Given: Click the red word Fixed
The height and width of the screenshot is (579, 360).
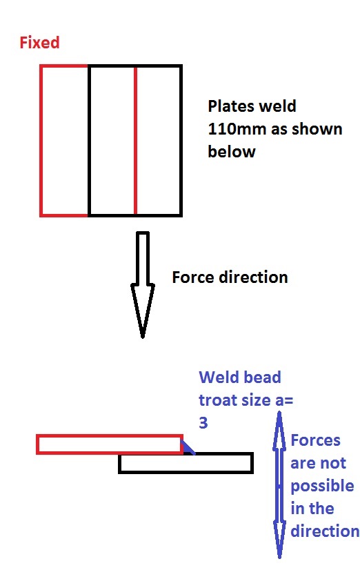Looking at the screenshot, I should [x=39, y=43].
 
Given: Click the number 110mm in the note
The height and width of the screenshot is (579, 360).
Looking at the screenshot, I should [x=234, y=129].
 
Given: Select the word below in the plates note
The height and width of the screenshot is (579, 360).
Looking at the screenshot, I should [x=232, y=151].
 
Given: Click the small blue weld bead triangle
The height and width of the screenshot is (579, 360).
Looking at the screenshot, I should [x=188, y=449].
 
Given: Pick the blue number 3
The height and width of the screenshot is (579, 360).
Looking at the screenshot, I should [x=203, y=423].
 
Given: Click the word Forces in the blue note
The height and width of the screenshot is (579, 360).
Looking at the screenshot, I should [x=316, y=440].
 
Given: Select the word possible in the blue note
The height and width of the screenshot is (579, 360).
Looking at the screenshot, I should [x=312, y=486].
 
